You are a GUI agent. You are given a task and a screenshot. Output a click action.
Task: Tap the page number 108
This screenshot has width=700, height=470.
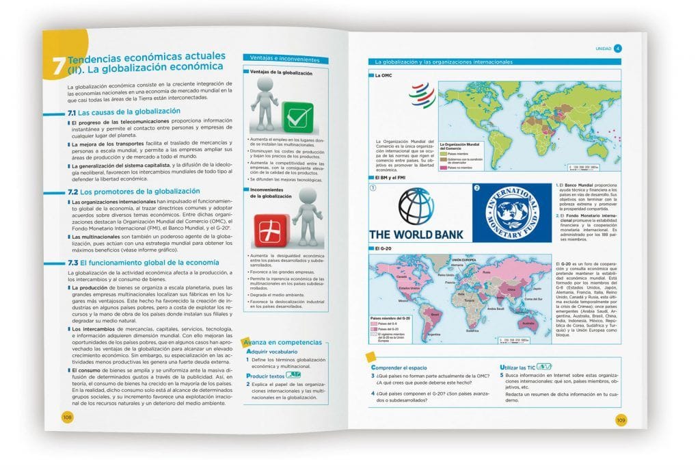(x=68, y=417)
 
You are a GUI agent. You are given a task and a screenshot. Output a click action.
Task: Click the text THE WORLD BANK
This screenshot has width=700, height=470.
(x=416, y=234)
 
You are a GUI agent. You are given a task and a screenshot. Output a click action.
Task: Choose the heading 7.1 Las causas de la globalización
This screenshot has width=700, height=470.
(x=124, y=112)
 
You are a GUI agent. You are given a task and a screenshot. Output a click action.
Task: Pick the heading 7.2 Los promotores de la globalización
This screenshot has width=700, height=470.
(x=133, y=191)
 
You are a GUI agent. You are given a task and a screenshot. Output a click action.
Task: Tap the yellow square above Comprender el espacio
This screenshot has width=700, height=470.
(x=370, y=356)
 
